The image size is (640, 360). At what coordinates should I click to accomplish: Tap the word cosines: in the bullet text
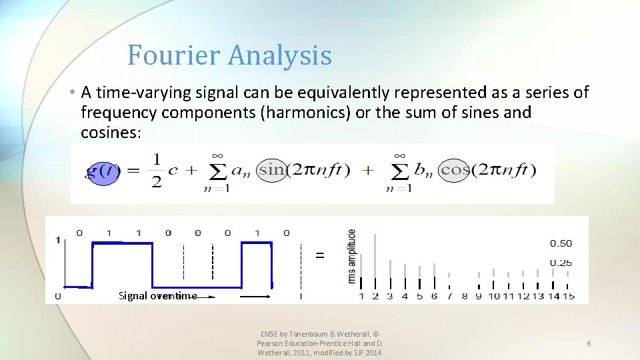pos(111,133)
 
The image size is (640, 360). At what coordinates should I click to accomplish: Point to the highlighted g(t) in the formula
pos(103,172)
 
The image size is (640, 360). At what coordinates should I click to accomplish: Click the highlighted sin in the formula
pos(271,169)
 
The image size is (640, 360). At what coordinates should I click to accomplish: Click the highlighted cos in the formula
pos(455,169)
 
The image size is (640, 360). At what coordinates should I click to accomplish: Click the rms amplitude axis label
pos(351,256)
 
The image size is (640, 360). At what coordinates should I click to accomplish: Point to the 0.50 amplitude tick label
pos(560,243)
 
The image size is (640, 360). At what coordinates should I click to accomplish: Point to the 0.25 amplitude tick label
pos(560,263)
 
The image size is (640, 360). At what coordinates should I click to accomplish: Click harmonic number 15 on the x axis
pos(568,296)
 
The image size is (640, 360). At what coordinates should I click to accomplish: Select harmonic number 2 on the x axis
pos(375,296)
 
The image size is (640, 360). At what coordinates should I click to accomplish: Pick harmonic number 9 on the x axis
pos(478,296)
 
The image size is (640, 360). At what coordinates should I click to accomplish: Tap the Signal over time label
pos(157,296)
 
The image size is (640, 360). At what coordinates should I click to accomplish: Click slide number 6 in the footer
pos(589,343)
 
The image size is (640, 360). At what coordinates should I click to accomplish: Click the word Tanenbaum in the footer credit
pos(313,333)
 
